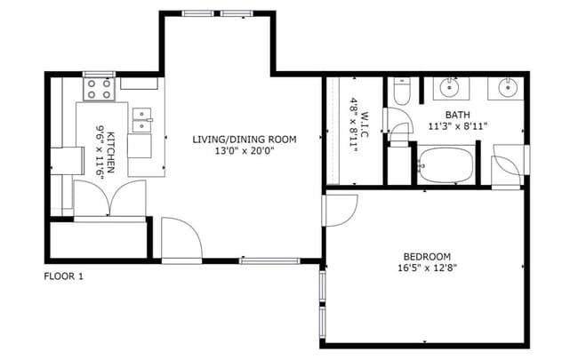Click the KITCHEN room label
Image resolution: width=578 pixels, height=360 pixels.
pos(110,152)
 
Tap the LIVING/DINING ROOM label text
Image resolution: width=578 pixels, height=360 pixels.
pos(245,140)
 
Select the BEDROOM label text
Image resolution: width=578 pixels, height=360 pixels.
pos(427,257)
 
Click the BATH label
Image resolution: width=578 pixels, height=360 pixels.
pos(457,115)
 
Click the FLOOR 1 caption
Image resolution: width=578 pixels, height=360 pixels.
pos(63,276)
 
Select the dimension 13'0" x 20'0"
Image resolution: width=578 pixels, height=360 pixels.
pos(245,151)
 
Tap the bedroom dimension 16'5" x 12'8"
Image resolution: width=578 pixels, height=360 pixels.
pos(427,268)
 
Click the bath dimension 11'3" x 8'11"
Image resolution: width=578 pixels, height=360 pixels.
pos(458,126)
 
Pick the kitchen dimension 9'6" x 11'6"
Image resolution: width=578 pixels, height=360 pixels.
pos(100,152)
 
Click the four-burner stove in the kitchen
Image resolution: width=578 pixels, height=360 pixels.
pos(100,89)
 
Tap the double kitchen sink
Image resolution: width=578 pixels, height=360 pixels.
pos(142,120)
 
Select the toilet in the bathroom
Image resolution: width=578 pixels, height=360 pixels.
pos(401,92)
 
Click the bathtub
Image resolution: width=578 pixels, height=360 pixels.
pos(446,165)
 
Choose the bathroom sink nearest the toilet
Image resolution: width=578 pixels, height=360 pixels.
pos(450,88)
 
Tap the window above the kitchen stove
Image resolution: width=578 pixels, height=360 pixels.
pos(100,75)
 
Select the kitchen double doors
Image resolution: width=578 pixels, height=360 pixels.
pos(110,198)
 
